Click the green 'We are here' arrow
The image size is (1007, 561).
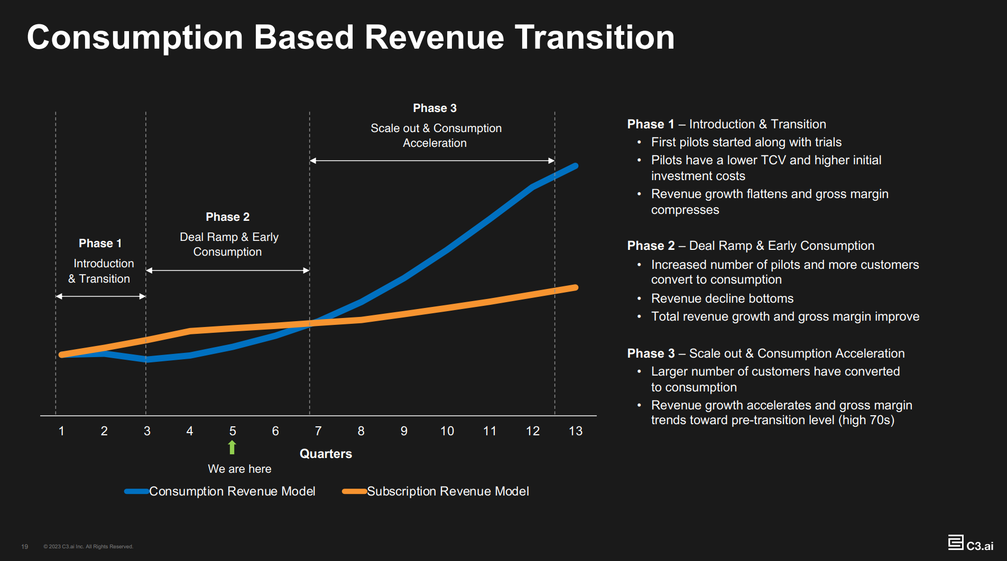232,447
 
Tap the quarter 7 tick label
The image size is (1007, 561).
318,431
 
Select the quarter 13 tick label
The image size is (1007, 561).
575,431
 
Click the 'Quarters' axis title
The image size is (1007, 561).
326,454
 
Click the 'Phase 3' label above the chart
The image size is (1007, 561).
435,108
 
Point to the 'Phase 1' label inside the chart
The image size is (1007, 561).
100,244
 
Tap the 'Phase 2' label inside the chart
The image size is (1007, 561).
227,217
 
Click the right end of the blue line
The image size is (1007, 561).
575,166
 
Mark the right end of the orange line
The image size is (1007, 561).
575,288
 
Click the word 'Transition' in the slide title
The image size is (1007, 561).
595,38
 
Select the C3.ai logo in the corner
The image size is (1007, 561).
971,544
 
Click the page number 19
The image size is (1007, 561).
24,547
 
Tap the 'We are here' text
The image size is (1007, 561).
239,469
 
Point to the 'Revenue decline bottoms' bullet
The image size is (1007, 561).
722,298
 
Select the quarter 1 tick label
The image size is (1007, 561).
61,431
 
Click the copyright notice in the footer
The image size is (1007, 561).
88,547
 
